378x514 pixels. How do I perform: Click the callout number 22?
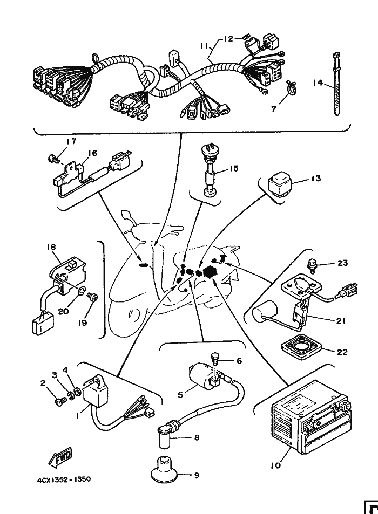click(342, 352)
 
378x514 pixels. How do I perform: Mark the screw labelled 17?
click(52, 158)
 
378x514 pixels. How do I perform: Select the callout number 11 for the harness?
click(202, 47)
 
